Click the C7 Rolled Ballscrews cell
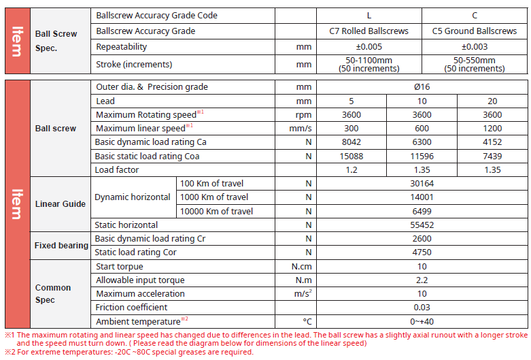coord(369,31)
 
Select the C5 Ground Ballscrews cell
coord(474,31)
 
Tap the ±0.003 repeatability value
coord(474,47)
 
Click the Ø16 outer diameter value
coord(422,87)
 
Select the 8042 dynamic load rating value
coord(352,142)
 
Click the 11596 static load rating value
coord(422,156)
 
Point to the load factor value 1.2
coord(352,170)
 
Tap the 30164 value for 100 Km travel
coord(422,184)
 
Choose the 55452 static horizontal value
coord(422,225)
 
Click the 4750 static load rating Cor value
coord(422,252)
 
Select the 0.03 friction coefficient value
coord(422,308)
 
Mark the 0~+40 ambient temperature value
coord(422,321)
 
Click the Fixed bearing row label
coord(61,246)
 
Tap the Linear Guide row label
coord(60,204)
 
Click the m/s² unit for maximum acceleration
coord(302,294)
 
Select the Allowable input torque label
coord(140,280)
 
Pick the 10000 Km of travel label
coord(216,212)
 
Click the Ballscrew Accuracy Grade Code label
coord(157,15)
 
